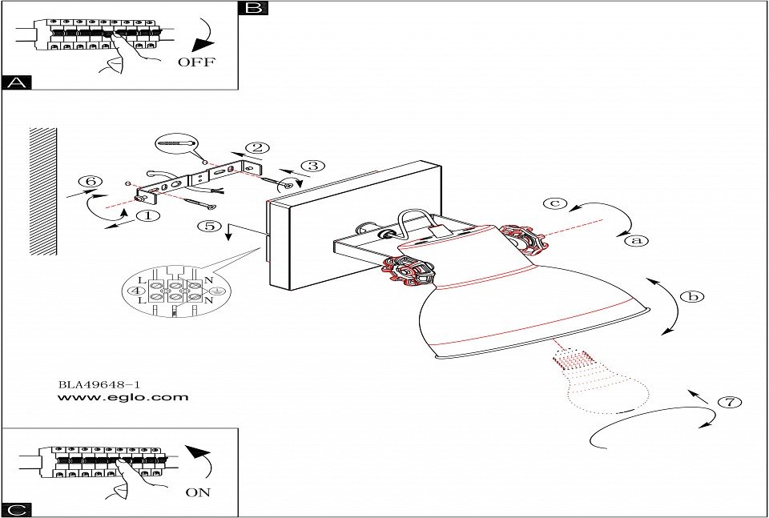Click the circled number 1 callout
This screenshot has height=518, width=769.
[148, 215]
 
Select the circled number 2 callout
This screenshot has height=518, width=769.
[257, 147]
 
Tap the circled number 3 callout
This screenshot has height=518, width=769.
[313, 167]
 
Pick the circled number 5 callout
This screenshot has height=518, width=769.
[210, 226]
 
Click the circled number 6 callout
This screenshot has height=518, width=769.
[91, 182]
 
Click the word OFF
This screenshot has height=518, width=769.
[196, 62]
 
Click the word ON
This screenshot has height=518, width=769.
[198, 492]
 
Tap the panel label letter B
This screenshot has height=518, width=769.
[253, 9]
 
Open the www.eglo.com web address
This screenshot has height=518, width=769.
[123, 397]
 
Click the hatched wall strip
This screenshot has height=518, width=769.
[43, 191]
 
